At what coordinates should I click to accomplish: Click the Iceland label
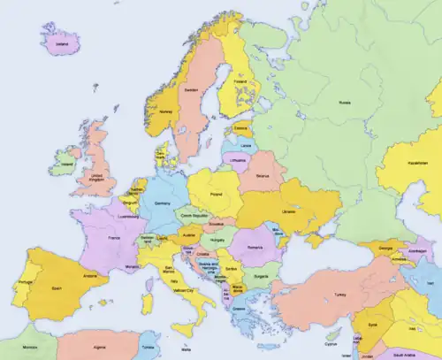61,42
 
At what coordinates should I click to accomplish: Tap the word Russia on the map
344,103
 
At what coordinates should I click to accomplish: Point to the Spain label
57,288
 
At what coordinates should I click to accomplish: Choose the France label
114,239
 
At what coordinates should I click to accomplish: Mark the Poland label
215,192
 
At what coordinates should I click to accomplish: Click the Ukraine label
287,212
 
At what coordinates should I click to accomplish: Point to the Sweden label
191,89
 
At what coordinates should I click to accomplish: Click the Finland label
240,85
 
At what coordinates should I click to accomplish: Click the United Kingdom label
103,178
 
